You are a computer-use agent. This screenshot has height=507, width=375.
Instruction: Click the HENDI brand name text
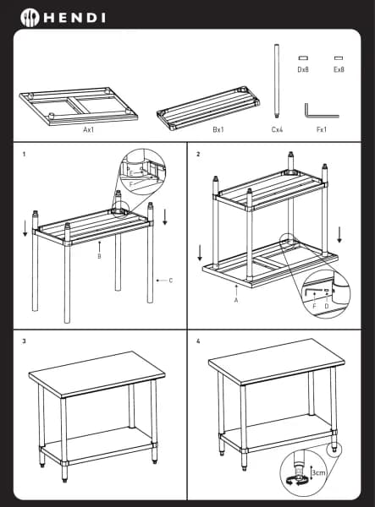point(74,18)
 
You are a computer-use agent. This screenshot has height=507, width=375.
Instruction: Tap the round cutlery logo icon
point(30,18)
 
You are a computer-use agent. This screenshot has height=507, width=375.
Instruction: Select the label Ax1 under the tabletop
point(88,129)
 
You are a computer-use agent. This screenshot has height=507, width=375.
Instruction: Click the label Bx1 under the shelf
point(218,129)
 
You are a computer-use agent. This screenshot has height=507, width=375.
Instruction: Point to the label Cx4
point(277,129)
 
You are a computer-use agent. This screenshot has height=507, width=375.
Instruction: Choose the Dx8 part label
point(303,69)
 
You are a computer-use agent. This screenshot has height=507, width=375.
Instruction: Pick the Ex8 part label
point(339,69)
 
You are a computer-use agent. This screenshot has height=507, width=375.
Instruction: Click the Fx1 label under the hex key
point(322,129)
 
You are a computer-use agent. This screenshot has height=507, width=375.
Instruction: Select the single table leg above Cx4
point(277,81)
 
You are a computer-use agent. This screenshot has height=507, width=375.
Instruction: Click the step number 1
point(24,155)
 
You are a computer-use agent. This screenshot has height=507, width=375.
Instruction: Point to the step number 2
point(198,155)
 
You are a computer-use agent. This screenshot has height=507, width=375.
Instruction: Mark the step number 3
point(24,341)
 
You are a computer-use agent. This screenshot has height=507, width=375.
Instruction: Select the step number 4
point(198,341)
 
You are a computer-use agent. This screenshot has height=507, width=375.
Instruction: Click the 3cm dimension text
point(318,473)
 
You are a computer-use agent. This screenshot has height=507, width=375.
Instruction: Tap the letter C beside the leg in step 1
point(171,281)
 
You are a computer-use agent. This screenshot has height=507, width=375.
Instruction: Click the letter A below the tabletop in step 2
point(236,300)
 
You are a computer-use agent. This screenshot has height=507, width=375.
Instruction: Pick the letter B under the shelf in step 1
point(99,256)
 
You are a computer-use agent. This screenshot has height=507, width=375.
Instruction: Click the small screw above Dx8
point(303,58)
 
